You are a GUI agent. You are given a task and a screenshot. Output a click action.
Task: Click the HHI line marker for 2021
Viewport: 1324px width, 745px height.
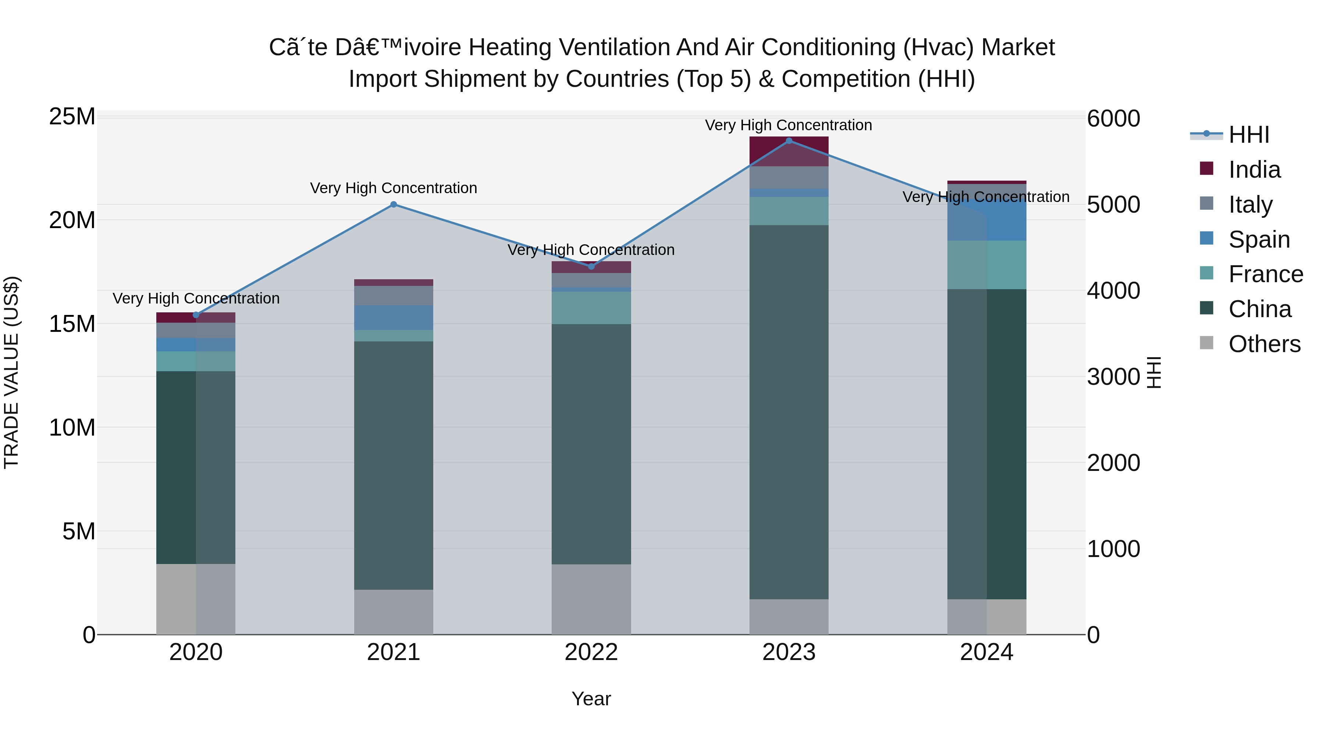pyautogui.click(x=393, y=204)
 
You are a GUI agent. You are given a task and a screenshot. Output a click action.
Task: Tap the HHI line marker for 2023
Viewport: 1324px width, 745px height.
pyautogui.click(x=789, y=141)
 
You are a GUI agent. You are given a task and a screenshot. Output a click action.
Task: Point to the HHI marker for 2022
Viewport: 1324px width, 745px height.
pyautogui.click(x=591, y=266)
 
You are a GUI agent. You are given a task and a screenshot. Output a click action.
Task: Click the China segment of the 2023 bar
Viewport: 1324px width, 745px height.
pyautogui.click(x=789, y=411)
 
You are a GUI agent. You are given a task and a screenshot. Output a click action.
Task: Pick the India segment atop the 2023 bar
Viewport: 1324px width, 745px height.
pyautogui.click(x=789, y=151)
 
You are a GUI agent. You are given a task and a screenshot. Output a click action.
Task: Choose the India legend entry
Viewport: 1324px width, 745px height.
pyautogui.click(x=1254, y=170)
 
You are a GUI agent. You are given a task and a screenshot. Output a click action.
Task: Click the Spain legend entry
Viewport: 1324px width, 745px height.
pyautogui.click(x=1259, y=240)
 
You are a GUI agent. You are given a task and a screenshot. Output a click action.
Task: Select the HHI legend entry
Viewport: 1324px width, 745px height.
pyautogui.click(x=1249, y=135)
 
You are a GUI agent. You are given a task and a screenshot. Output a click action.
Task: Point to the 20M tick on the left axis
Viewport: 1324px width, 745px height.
pyautogui.click(x=72, y=220)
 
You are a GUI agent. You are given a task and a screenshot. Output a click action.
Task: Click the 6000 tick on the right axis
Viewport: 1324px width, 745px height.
pyautogui.click(x=1113, y=118)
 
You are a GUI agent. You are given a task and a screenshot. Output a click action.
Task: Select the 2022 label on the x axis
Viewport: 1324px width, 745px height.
pyautogui.click(x=591, y=652)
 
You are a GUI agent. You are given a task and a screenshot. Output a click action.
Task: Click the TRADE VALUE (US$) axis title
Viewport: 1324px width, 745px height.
pyautogui.click(x=11, y=372)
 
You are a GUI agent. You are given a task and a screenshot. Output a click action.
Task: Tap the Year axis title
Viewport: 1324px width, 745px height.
pyautogui.click(x=591, y=699)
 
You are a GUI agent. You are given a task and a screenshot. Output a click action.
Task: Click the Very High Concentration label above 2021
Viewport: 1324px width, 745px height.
pyautogui.click(x=393, y=188)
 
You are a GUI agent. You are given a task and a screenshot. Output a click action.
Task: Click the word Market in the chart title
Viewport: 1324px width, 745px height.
pyautogui.click(x=1018, y=47)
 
